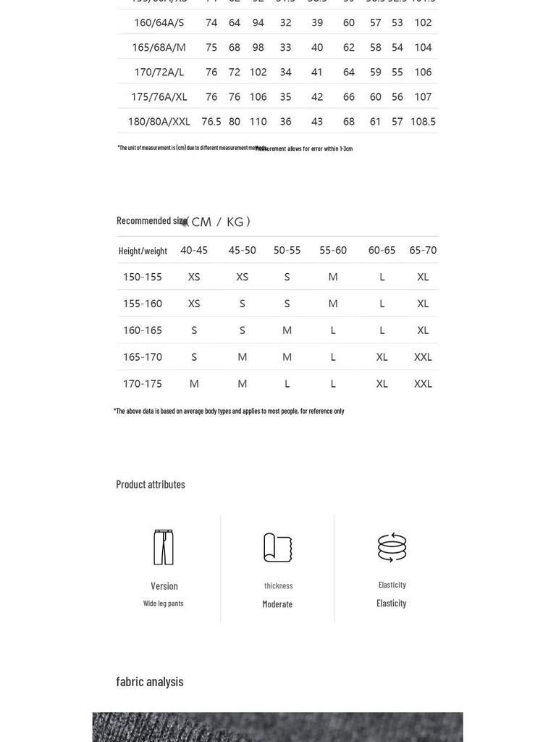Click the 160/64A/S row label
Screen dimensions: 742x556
coord(159,22)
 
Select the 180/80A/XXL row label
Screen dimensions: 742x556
coord(159,122)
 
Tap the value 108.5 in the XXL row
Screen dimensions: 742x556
coord(423,122)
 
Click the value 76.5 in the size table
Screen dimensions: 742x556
coord(211,122)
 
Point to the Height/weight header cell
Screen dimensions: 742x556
coord(143,251)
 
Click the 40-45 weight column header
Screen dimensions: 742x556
coord(194,250)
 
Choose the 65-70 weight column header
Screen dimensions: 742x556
coord(423,250)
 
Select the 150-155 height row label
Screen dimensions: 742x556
coord(143,277)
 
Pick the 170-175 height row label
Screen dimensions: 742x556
coord(143,383)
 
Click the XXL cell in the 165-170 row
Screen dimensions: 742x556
coord(423,357)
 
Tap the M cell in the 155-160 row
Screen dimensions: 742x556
coord(333,304)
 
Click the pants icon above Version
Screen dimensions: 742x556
coord(164,547)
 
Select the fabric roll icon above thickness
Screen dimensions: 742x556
coord(277,548)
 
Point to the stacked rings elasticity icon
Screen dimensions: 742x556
coord(392,547)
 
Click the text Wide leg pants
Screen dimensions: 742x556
coord(164,603)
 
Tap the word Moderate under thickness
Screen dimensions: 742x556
coord(277,604)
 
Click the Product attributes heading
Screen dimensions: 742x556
coord(151,484)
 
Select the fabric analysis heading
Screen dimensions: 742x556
coord(150,681)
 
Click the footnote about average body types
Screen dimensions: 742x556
coord(229,411)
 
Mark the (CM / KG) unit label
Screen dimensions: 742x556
coord(219,222)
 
